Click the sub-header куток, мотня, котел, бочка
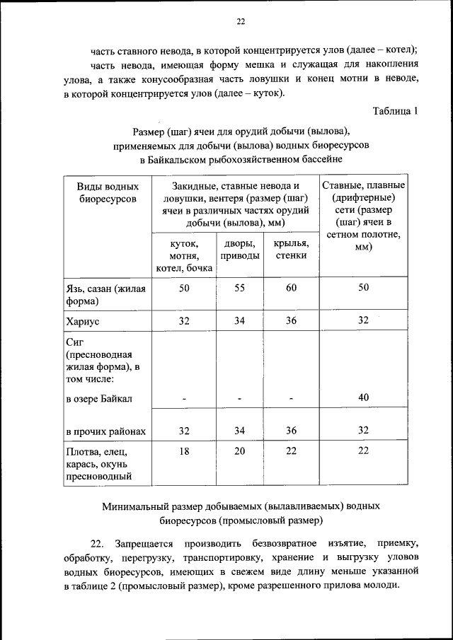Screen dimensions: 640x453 click(x=184, y=255)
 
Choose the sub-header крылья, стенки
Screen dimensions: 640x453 click(x=291, y=250)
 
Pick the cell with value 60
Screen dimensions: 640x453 click(x=291, y=288)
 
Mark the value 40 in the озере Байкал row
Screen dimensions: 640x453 click(x=363, y=398)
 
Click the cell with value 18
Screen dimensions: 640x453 click(x=184, y=450)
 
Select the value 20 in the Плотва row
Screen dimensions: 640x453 click(x=239, y=450)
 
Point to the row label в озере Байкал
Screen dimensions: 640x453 click(x=98, y=399)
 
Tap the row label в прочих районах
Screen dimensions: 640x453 click(x=105, y=431)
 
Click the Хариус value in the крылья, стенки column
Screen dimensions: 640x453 click(x=291, y=320)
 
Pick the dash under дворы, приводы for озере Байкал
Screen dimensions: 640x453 click(x=239, y=400)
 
